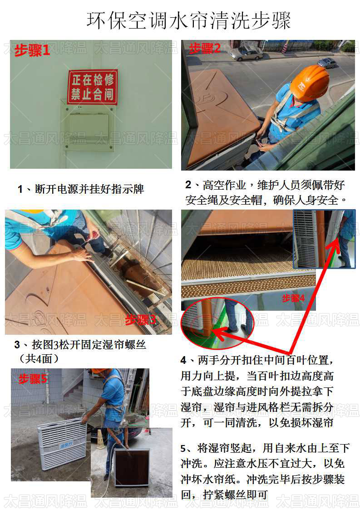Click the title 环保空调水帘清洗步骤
pos(188,20)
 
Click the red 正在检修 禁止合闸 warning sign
pos(93,87)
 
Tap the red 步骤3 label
pos(140,320)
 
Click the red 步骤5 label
pos(33,379)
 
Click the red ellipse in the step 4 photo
pos(217,323)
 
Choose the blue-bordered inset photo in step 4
pos(324,239)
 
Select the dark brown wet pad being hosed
pos(132,467)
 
